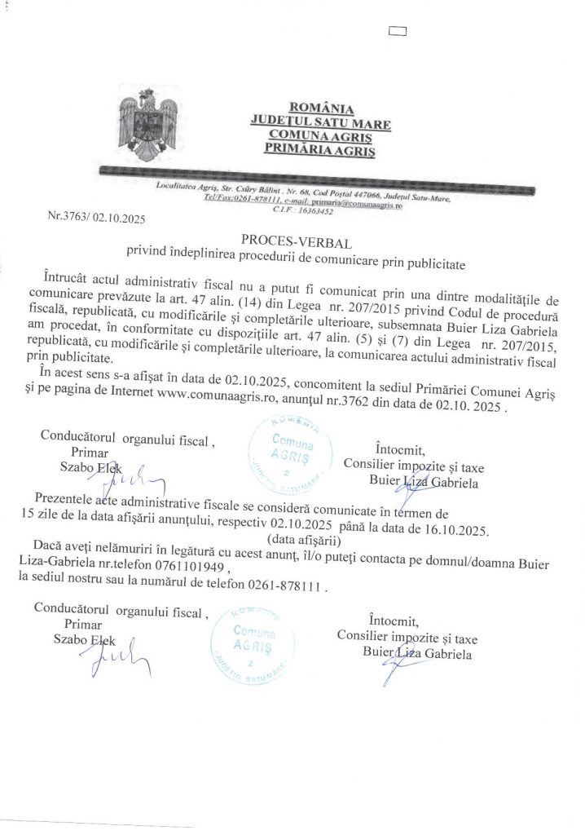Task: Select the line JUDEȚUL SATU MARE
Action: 320,122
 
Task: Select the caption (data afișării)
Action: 301,540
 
